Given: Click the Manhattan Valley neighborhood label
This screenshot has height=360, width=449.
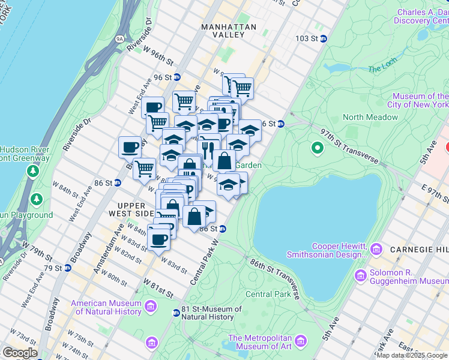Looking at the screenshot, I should click(x=229, y=31).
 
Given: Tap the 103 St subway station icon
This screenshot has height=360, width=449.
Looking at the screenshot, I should click(x=323, y=38).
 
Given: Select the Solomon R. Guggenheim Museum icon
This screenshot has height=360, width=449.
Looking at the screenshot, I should click(x=360, y=275).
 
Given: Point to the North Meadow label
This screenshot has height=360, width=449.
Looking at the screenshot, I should click(x=370, y=118).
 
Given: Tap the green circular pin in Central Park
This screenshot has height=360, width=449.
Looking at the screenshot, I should click(x=318, y=147).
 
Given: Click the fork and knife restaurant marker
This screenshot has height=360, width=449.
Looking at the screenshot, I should click(x=208, y=148).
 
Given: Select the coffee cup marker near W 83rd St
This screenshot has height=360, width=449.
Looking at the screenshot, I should click(x=158, y=239).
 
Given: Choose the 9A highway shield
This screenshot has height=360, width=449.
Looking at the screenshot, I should click(x=119, y=38).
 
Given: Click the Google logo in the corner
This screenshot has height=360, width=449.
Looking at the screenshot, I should click(x=19, y=353).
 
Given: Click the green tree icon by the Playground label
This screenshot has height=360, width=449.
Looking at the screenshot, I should click(x=37, y=199).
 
